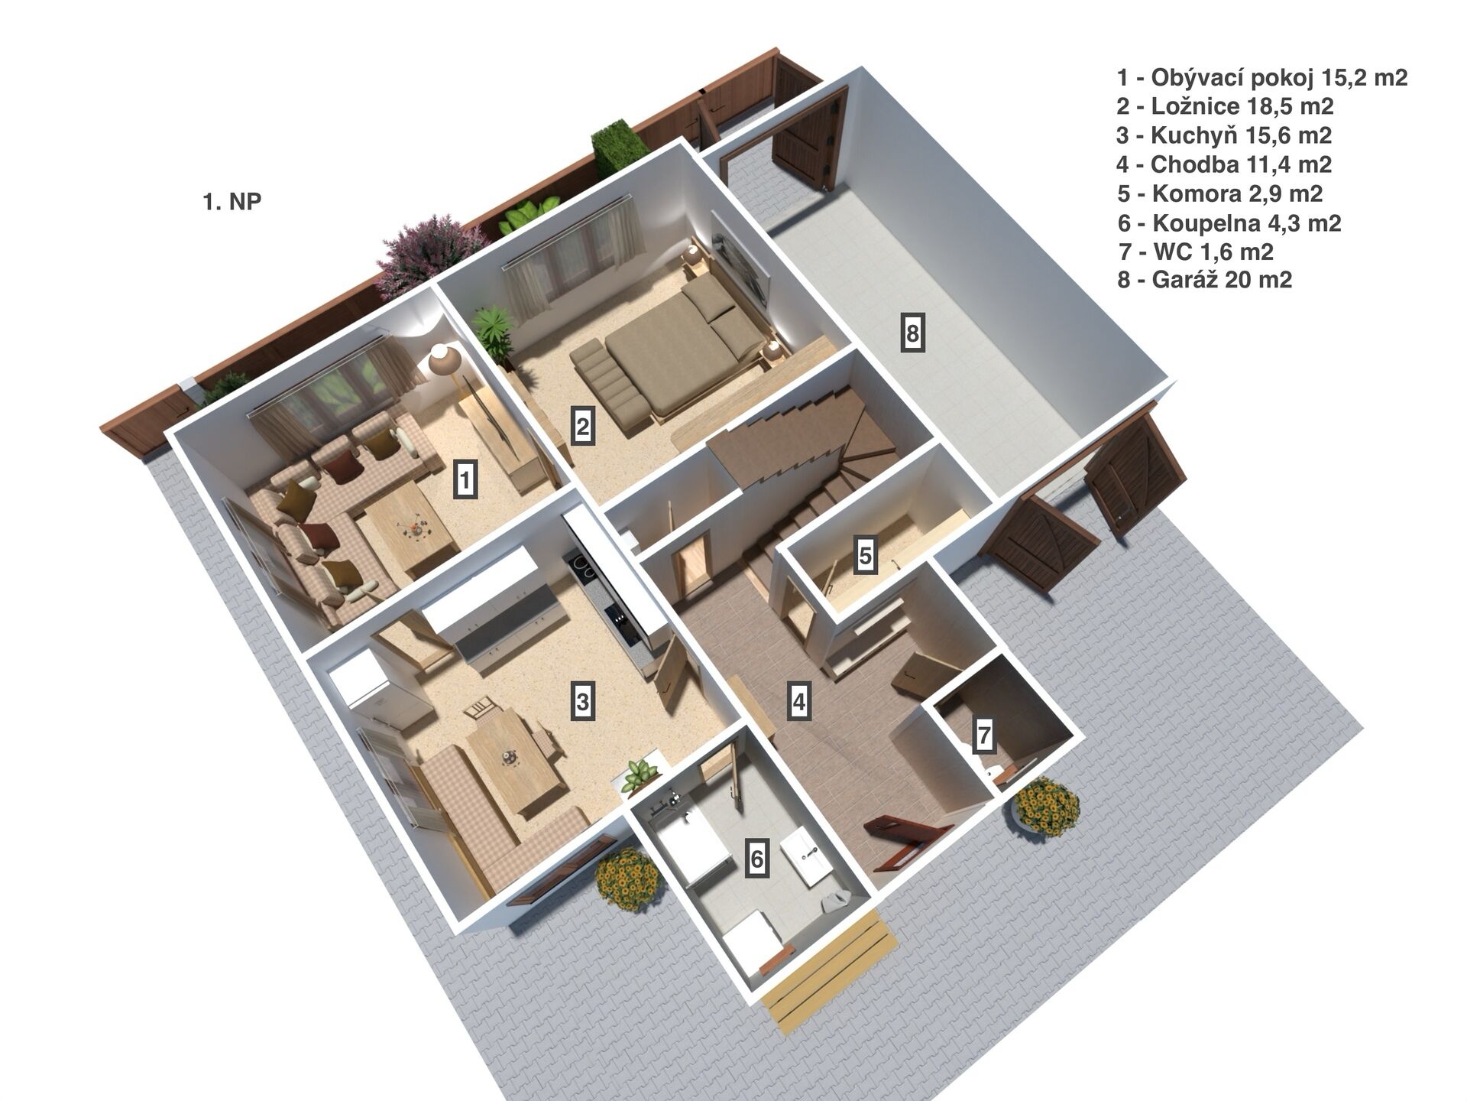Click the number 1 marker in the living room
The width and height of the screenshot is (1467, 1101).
[x=465, y=479]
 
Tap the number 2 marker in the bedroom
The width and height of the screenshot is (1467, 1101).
[x=583, y=426]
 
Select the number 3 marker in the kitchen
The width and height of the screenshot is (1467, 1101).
[x=583, y=700]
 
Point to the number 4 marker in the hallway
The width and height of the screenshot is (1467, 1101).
[x=799, y=700]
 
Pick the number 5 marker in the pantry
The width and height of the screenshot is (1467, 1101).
[x=865, y=554]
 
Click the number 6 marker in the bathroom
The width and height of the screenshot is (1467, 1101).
[x=756, y=858]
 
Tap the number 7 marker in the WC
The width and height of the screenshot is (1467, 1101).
[x=984, y=736]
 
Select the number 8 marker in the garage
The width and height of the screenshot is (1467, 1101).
[x=912, y=333]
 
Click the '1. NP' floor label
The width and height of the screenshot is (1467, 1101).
[x=232, y=202]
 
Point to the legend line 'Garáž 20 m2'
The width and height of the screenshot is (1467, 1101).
[x=1205, y=280]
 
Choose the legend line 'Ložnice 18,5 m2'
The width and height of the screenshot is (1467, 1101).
[x=1225, y=106]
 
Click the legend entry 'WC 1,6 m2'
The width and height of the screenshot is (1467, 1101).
[x=1195, y=251]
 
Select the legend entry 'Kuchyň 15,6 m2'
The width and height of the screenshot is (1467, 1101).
[x=1224, y=135]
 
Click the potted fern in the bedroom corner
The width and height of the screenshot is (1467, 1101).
[x=491, y=330]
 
